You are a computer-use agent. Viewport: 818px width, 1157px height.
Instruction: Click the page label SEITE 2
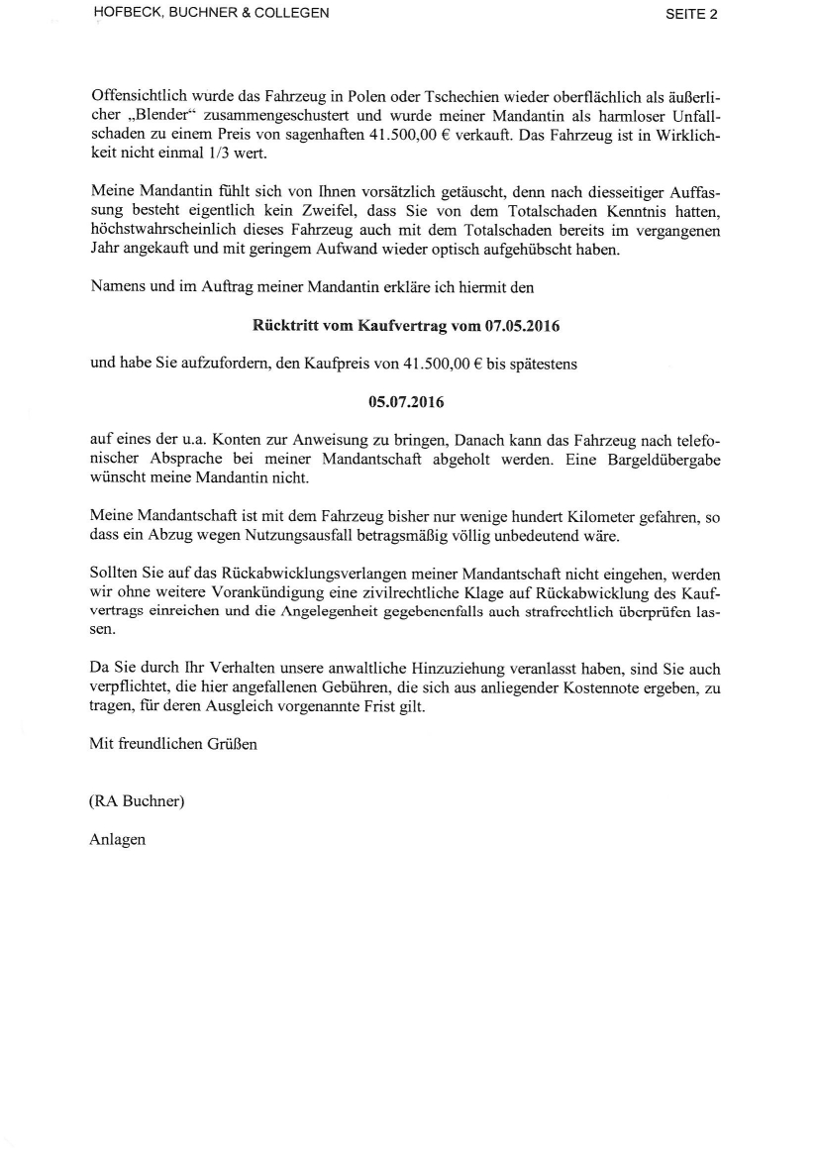point(692,14)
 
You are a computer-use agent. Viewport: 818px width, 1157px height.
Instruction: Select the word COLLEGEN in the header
point(292,14)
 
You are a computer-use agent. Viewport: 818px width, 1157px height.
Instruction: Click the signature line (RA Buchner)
point(137,802)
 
